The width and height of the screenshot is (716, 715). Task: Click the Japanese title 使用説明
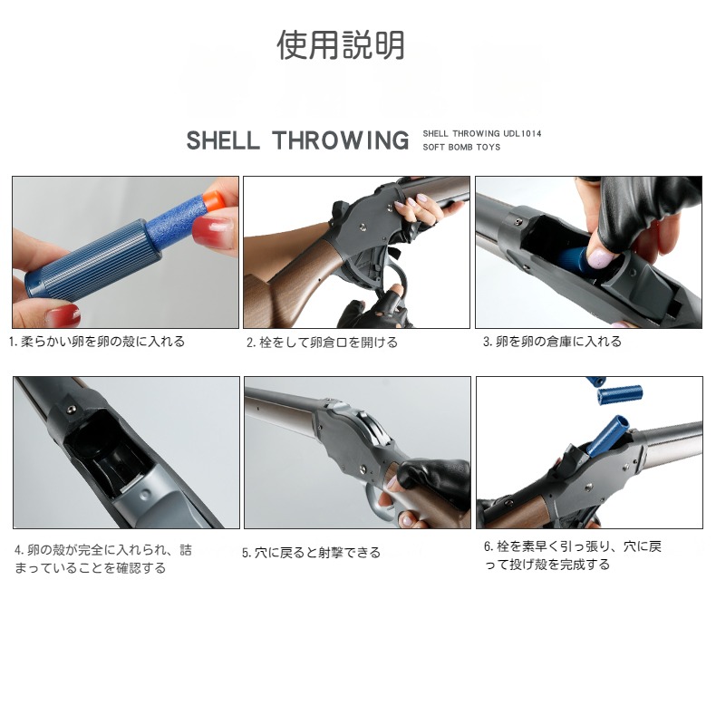341,44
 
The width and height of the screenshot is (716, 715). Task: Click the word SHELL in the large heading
223,140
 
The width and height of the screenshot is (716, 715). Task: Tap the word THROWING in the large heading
341,140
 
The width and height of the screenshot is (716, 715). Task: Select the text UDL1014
522,134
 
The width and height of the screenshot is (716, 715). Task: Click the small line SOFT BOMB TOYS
461,147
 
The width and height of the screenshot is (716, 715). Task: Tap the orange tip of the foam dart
212,203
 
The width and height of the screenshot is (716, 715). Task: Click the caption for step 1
97,342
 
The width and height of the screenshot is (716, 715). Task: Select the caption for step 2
322,343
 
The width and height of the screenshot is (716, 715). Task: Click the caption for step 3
552,342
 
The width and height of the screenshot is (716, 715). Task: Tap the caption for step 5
311,553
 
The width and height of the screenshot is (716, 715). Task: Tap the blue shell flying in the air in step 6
620,394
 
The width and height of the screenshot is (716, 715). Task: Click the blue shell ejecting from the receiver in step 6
608,435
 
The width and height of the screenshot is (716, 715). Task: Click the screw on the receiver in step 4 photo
71,409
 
